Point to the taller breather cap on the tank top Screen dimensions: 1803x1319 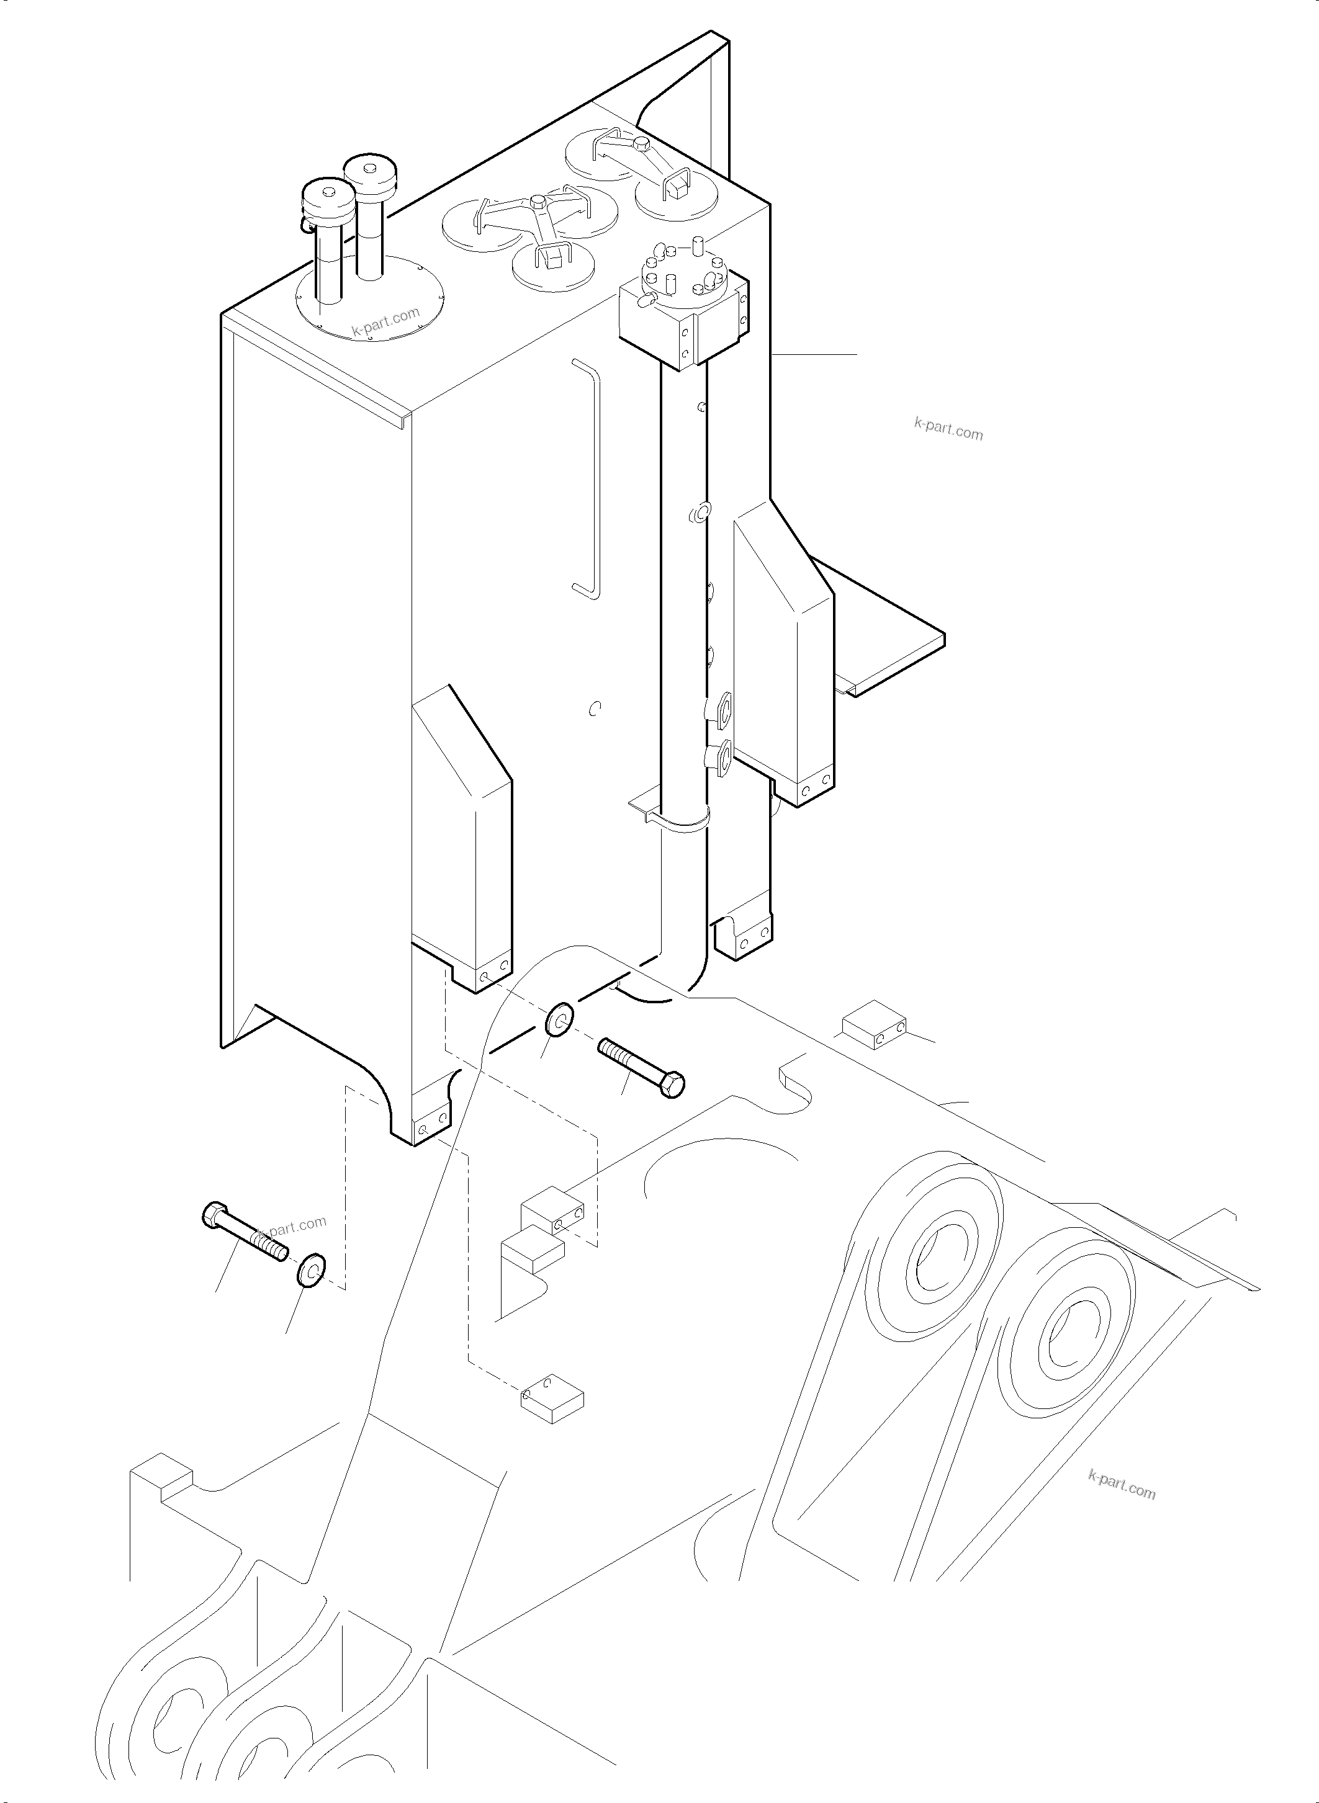[x=371, y=172]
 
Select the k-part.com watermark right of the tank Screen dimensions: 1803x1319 [x=948, y=429]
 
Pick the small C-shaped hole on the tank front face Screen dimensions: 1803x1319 [x=593, y=708]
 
